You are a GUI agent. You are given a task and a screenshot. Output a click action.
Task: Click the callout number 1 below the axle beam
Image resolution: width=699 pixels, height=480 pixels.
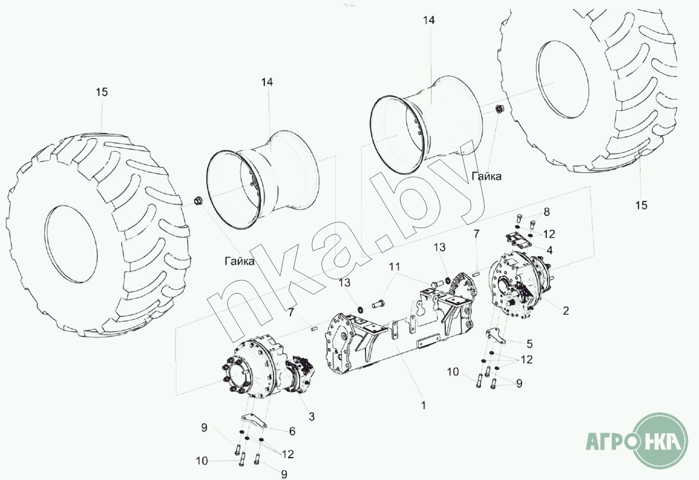coord(423,405)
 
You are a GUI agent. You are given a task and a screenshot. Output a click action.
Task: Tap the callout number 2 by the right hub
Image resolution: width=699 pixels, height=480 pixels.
coord(566,310)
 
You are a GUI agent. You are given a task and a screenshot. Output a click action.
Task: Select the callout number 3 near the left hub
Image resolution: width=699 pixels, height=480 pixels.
coord(311,416)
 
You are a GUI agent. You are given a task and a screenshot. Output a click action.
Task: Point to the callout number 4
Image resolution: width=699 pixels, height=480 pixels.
coord(550,250)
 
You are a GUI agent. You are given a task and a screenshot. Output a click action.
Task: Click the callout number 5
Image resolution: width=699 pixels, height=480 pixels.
coord(529,344)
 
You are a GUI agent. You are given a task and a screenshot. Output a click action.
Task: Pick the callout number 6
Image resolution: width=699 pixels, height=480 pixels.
coord(292,431)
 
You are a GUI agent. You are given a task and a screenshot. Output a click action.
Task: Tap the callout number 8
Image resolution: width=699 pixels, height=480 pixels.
coord(546,212)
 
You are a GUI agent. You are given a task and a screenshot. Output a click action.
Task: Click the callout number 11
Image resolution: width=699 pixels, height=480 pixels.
coord(394,267)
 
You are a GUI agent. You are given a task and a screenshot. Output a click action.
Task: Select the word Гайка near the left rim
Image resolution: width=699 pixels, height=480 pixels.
coord(239,261)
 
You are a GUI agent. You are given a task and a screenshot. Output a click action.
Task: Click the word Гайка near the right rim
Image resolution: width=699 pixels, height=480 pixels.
coord(487,176)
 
